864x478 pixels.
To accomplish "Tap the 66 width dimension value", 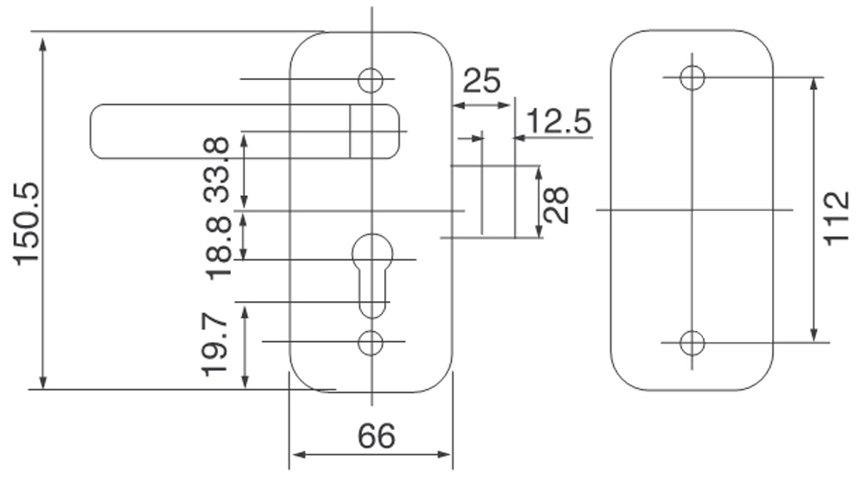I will (376, 436).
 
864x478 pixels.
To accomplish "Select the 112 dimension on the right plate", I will (838, 218).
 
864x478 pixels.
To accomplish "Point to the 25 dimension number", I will (481, 80).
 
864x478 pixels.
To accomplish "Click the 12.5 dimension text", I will (558, 123).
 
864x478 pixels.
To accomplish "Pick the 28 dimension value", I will (556, 204).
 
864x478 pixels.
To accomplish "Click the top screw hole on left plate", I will (370, 79).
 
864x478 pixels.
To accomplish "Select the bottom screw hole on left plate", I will (370, 342).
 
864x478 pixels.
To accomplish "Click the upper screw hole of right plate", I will (692, 78).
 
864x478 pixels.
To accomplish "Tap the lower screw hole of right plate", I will (692, 343).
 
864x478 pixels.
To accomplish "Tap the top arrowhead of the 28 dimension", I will (539, 172).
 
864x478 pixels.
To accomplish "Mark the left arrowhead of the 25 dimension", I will (459, 105).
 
